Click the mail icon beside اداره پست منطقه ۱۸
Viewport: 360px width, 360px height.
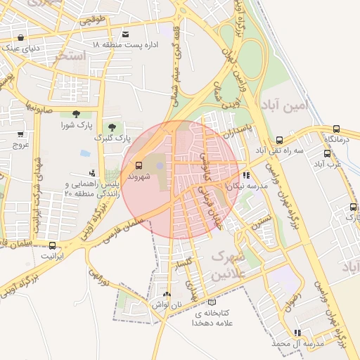coord(125,34)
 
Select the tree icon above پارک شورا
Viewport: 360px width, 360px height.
coord(76,115)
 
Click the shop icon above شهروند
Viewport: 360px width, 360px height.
coord(138,167)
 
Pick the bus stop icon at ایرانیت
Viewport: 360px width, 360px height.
coord(53,246)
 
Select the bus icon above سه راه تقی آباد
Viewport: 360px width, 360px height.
coord(280,140)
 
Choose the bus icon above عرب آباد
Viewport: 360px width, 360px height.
coord(327,153)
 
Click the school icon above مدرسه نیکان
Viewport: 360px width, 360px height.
coord(245,175)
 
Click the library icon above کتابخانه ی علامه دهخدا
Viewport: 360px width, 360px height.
coord(212,302)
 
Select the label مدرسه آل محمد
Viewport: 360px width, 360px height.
coord(299,343)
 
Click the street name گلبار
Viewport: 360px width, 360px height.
coord(184,262)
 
